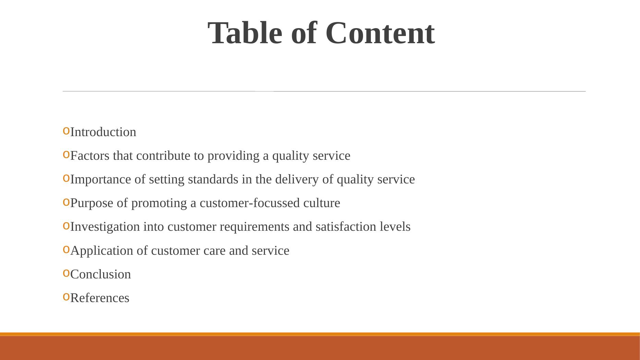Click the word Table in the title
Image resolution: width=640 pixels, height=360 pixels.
click(x=245, y=33)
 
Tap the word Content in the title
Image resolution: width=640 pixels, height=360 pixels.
click(x=380, y=33)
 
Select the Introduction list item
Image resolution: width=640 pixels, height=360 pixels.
click(x=103, y=132)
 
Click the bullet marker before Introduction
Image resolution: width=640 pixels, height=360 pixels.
click(x=66, y=131)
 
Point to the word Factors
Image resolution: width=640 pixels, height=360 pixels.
click(x=90, y=156)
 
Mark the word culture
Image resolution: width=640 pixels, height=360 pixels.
click(x=322, y=203)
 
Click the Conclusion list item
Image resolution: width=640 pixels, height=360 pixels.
click(x=100, y=274)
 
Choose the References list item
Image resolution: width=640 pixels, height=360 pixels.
click(x=100, y=298)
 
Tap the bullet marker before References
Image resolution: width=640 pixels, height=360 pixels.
click(x=66, y=297)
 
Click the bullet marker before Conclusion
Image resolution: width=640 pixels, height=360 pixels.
click(x=66, y=273)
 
